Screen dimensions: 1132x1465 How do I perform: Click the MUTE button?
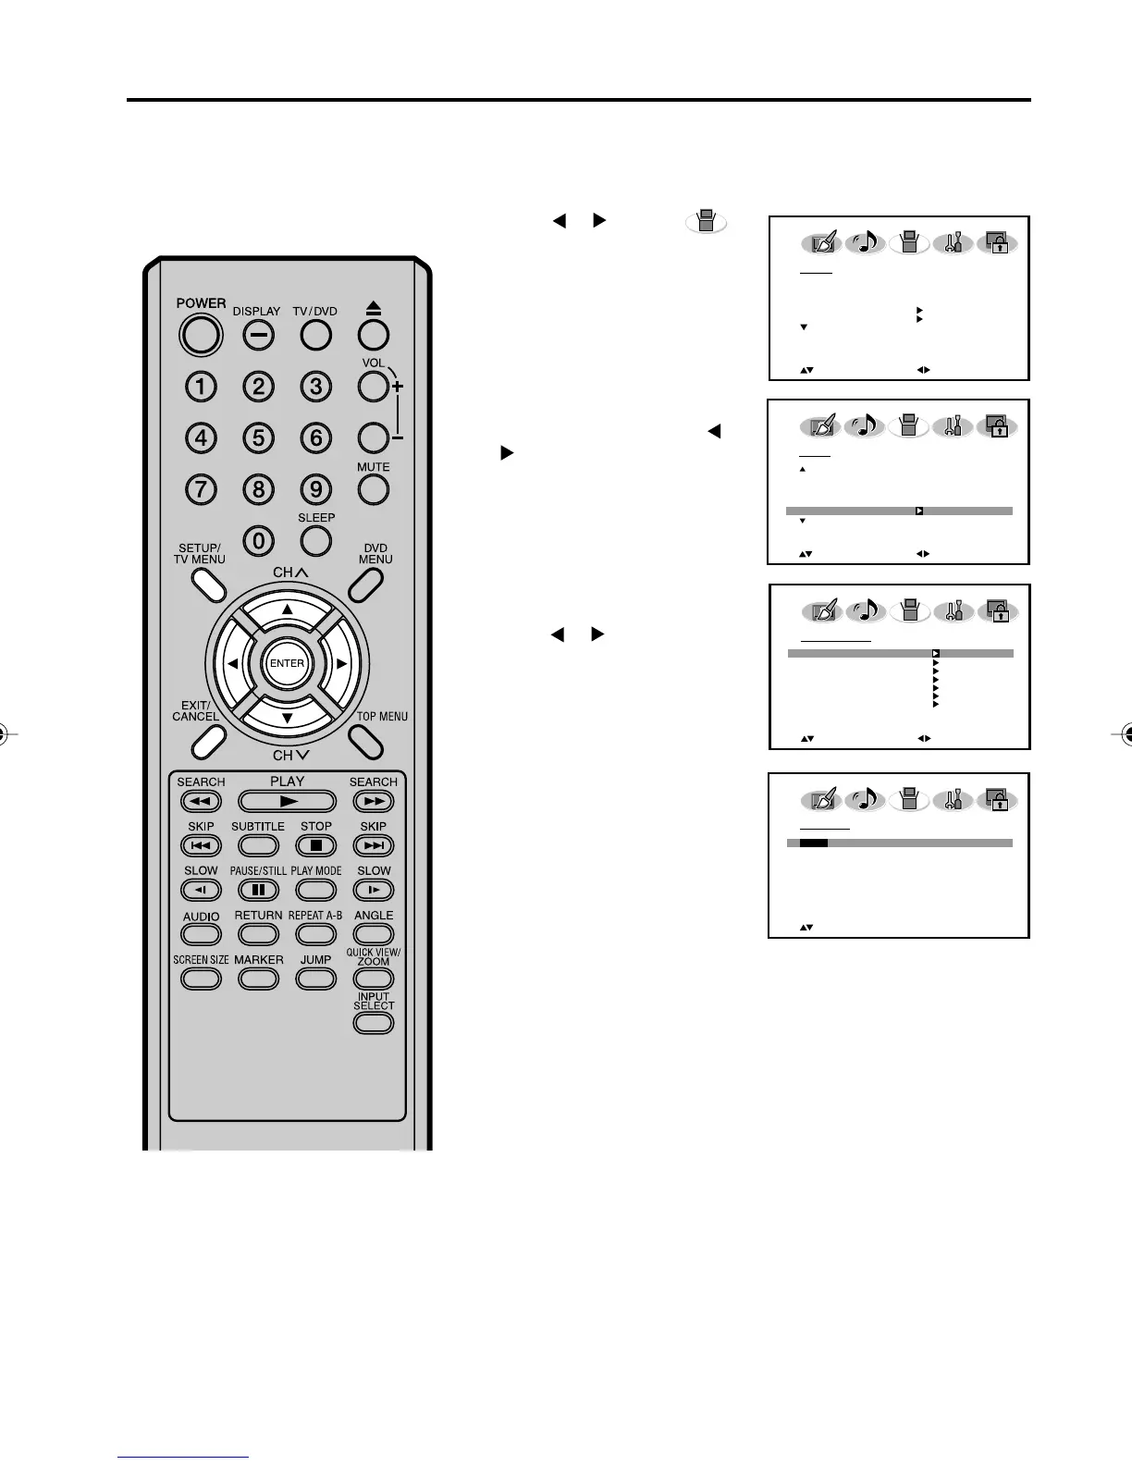tap(373, 488)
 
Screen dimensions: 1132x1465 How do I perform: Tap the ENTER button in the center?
tap(287, 663)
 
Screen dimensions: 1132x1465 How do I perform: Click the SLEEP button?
tap(316, 540)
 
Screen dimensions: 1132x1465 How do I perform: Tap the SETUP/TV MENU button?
tap(208, 583)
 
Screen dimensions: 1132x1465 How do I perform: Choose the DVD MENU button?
tap(366, 583)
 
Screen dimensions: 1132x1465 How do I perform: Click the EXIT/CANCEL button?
tap(208, 739)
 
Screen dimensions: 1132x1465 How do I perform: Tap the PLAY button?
tap(287, 801)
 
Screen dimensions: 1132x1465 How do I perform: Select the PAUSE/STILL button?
tap(258, 890)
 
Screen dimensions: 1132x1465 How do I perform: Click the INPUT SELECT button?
tap(374, 1023)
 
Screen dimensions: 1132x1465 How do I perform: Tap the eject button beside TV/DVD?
tap(373, 334)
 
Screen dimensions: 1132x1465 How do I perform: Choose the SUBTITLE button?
tap(258, 845)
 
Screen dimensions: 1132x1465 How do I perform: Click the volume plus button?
tap(373, 387)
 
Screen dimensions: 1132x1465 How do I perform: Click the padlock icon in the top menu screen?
tap(998, 244)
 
